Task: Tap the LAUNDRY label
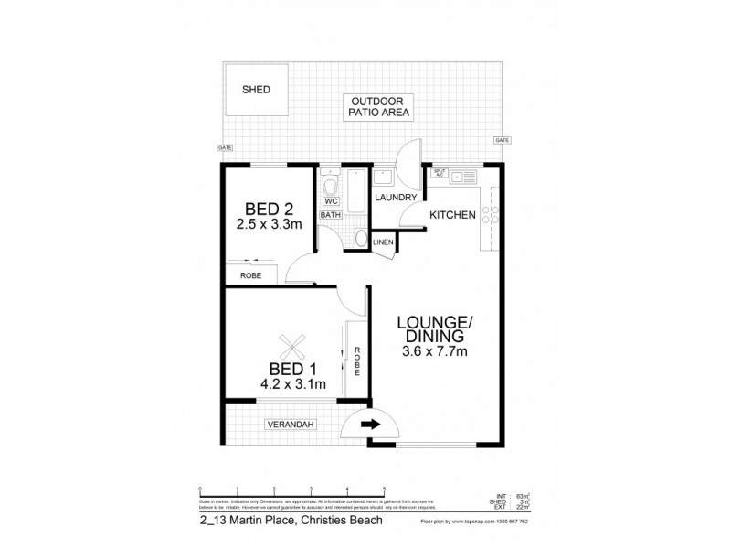click(x=397, y=198)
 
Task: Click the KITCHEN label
click(x=452, y=215)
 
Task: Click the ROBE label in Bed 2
click(x=251, y=274)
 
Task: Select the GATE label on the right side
click(x=502, y=140)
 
